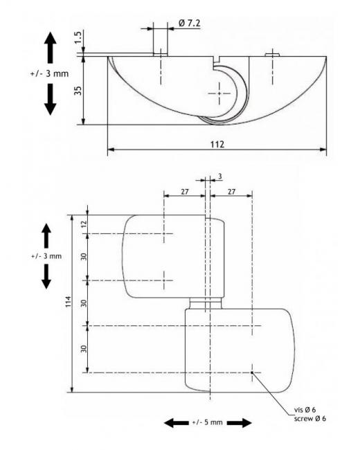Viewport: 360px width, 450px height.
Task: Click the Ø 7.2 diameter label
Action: click(189, 23)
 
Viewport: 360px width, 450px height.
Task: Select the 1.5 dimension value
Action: click(78, 37)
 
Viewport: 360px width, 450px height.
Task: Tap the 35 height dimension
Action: click(78, 91)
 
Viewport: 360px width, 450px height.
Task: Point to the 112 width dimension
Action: click(217, 144)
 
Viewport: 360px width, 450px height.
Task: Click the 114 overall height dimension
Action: click(68, 302)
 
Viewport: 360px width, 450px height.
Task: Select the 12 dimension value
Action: click(84, 224)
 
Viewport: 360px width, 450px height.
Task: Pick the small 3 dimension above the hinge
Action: click(220, 177)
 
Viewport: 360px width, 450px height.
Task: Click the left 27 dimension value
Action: click(185, 191)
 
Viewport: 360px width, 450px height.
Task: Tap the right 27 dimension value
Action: click(231, 191)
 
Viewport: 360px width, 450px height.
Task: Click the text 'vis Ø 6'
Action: click(305, 410)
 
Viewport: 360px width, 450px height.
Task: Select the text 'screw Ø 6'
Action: click(310, 418)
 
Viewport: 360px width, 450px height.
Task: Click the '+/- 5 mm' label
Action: click(207, 422)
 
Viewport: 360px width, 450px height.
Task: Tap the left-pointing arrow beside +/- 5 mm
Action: click(177, 422)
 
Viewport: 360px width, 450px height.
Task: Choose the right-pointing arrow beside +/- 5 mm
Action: click(239, 422)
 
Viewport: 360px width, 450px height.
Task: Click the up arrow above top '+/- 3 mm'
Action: click(51, 47)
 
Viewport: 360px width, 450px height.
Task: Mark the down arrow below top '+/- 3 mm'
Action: click(51, 99)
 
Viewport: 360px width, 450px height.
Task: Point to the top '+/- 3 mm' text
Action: click(49, 74)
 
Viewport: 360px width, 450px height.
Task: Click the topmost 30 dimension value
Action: click(84, 257)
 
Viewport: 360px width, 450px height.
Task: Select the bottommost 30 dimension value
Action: click(84, 349)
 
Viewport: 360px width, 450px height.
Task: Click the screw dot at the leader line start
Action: click(252, 372)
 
